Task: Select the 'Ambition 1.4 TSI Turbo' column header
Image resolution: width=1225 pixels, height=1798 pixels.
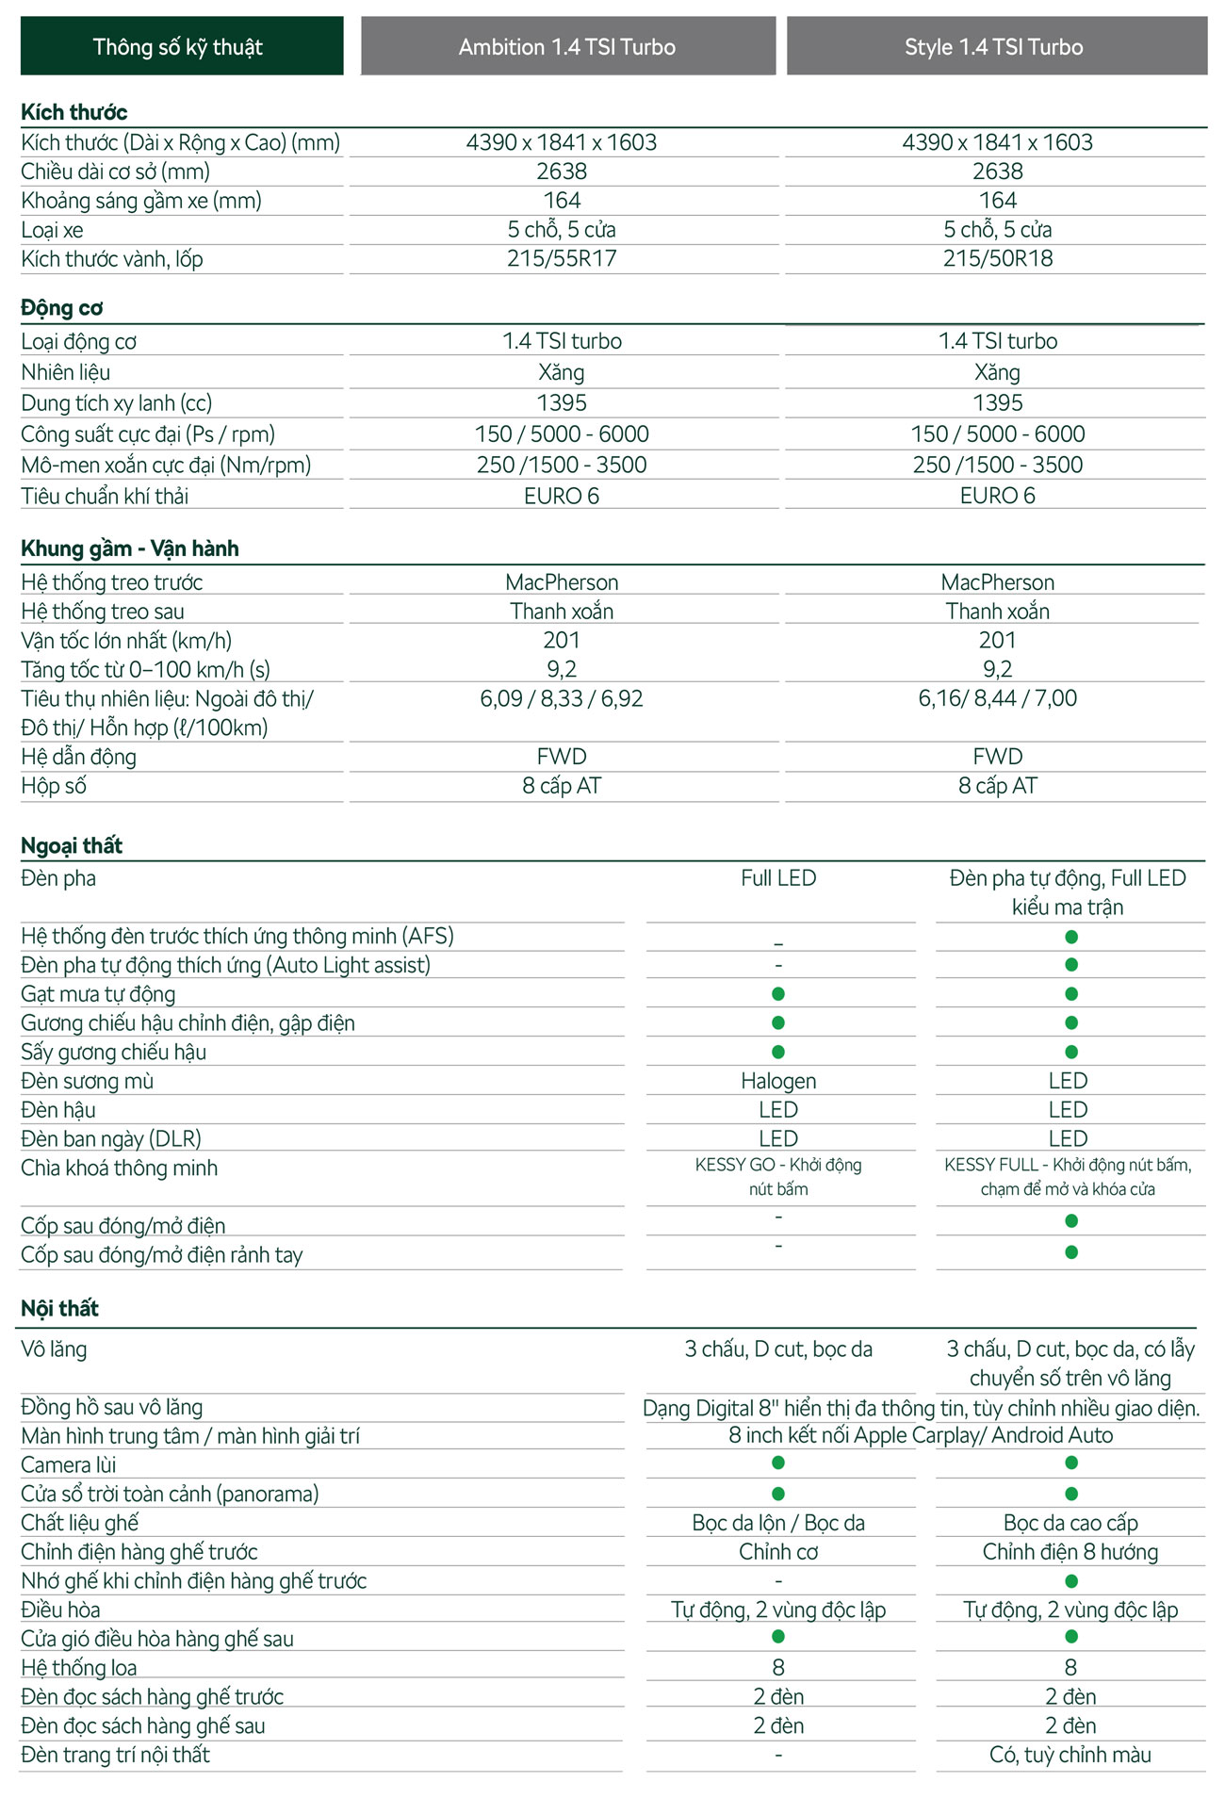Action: [567, 46]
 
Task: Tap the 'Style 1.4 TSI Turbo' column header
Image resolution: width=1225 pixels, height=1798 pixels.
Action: [995, 46]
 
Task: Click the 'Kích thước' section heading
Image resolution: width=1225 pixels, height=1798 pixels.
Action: [74, 112]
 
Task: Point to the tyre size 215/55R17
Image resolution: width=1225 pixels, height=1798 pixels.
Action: [562, 258]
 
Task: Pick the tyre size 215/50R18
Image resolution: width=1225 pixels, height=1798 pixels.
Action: [998, 258]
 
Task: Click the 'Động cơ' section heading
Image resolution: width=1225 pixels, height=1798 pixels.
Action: [62, 308]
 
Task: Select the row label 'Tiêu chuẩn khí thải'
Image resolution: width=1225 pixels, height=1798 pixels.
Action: [105, 496]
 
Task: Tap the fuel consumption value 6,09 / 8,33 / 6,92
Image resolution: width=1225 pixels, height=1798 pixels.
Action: [562, 698]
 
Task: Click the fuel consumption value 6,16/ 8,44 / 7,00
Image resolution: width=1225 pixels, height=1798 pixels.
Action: [998, 698]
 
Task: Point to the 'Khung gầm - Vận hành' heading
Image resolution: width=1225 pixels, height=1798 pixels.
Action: [130, 548]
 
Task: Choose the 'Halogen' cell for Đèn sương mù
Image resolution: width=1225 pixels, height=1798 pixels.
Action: [778, 1081]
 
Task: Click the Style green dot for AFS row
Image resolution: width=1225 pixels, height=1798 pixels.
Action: [1071, 937]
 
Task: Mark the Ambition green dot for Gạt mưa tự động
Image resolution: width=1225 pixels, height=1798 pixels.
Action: [778, 993]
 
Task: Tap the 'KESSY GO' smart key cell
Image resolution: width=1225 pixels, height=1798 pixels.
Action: [778, 1177]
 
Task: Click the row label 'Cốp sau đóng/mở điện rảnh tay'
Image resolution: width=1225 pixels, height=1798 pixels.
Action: [162, 1255]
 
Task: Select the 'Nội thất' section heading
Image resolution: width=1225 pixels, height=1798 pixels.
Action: [59, 1308]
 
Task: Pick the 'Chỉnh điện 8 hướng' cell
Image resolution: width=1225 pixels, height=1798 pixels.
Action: [1070, 1552]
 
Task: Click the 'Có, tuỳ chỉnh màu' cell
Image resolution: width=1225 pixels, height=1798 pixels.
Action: [1070, 1755]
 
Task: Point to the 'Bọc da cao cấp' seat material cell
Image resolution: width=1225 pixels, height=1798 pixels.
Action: [1070, 1523]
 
